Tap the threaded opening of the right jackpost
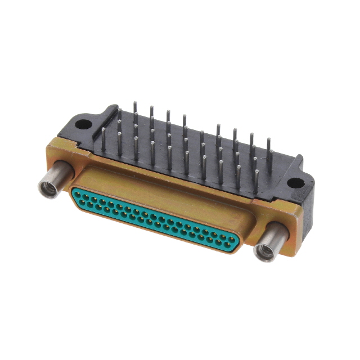tap(263, 251)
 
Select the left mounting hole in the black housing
tap(83, 124)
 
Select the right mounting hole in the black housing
tap(293, 182)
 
